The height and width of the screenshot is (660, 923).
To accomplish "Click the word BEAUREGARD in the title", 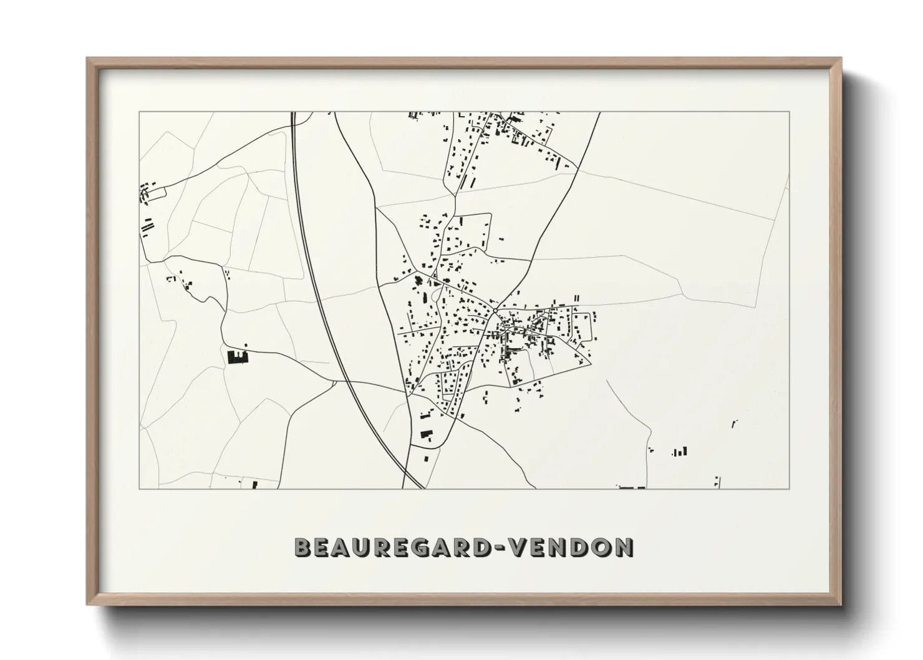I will click(392, 547).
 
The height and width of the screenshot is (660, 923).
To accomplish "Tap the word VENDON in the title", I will click(571, 547).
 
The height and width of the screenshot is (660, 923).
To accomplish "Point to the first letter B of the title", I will click(304, 547).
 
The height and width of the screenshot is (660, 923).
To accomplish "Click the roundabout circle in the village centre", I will click(495, 310).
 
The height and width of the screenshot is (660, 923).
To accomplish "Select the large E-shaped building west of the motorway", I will click(238, 357).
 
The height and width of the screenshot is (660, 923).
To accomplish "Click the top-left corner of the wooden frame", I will click(87, 58).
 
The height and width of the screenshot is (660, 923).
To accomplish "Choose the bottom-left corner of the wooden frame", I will click(87, 605).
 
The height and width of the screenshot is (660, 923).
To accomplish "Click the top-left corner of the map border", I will click(139, 112).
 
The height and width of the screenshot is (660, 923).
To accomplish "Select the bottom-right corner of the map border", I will click(790, 488).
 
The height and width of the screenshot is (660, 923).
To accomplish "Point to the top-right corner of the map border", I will click(790, 112).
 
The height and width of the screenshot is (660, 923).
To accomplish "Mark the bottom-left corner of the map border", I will click(139, 488).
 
